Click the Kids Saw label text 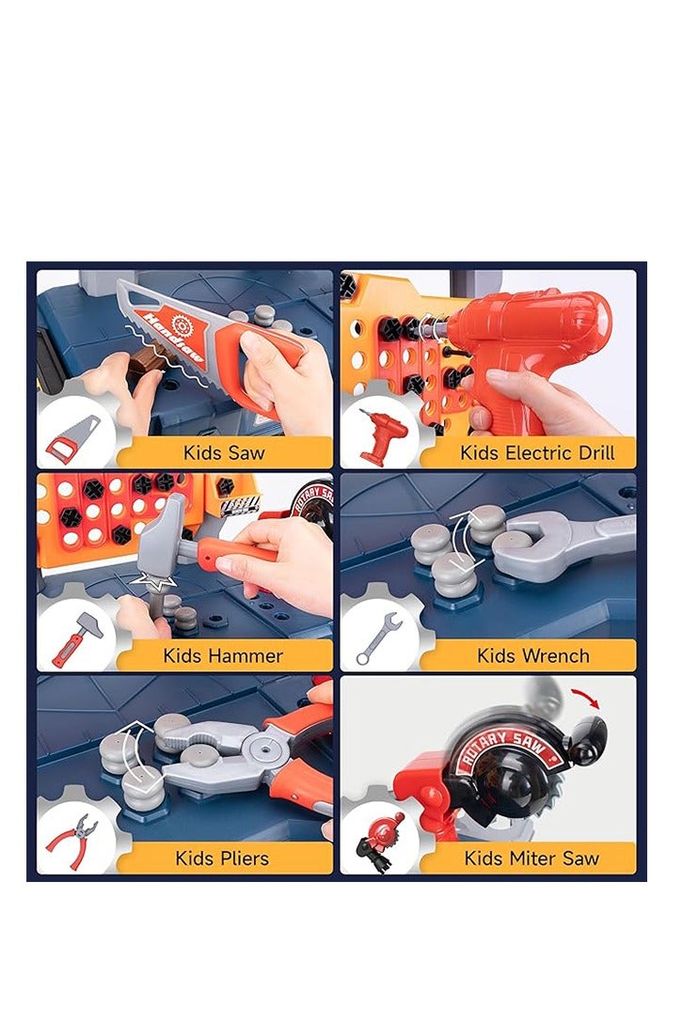tap(224, 452)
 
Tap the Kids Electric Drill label tap(537, 452)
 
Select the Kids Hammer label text tap(223, 655)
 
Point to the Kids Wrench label tap(533, 655)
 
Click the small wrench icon tap(379, 638)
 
